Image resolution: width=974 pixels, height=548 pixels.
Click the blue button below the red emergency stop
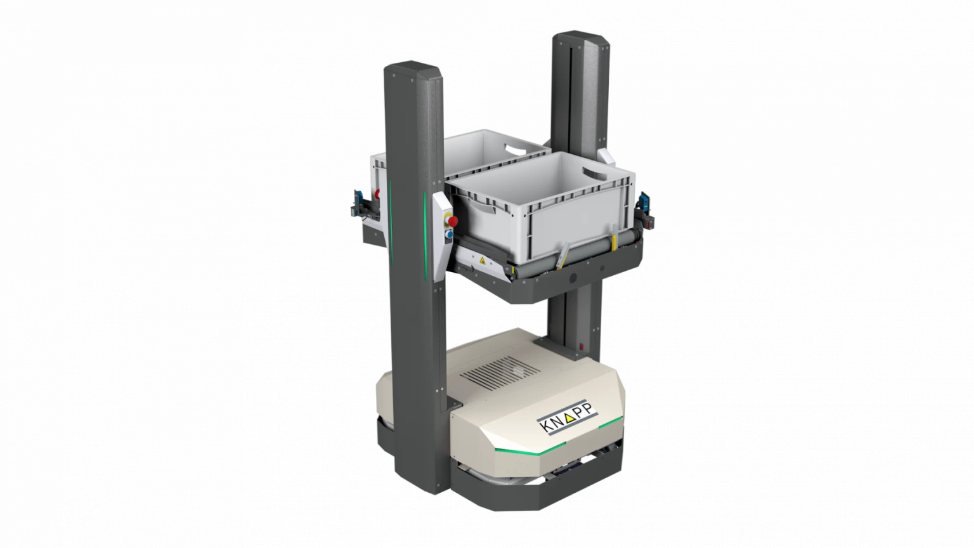coord(450,235)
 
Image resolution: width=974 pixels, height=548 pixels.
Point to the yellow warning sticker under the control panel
coord(482,261)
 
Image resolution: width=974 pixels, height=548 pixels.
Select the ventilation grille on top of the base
coord(500,373)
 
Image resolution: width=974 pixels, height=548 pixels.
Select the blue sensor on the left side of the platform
coord(360,201)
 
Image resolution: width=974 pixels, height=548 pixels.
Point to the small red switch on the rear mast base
coord(581,347)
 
